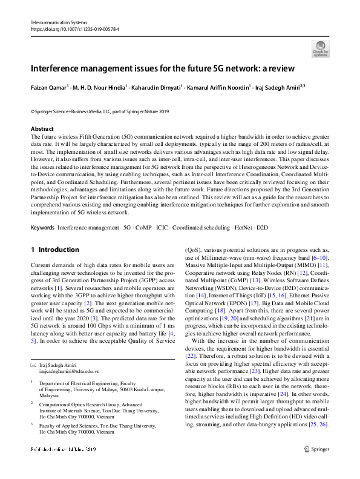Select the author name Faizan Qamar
47,87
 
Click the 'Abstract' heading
42,129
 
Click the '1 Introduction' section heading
54,249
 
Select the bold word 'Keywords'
42,228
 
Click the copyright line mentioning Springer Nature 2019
100,111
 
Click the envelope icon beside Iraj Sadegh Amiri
33,365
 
